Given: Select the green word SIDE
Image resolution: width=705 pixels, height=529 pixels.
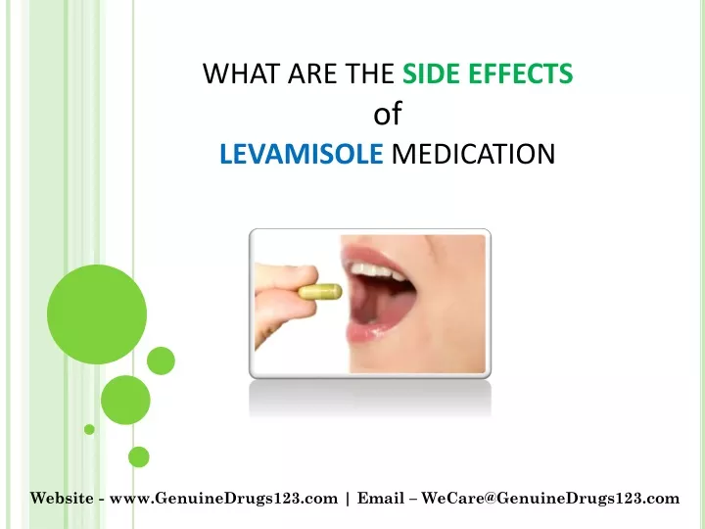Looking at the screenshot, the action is pyautogui.click(x=432, y=73).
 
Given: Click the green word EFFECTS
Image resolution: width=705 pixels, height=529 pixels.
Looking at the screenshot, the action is pyautogui.click(x=521, y=73).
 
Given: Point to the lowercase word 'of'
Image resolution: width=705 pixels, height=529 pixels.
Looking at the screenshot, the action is pyautogui.click(x=387, y=113).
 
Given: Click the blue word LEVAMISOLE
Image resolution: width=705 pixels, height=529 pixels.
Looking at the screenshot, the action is pyautogui.click(x=302, y=154).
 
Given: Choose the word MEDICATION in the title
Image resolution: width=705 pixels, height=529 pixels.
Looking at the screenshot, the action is pyautogui.click(x=474, y=154).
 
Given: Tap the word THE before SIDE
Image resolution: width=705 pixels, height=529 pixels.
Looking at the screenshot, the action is pyautogui.click(x=369, y=73).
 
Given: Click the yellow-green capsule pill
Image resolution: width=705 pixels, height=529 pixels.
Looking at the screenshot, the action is pyautogui.click(x=320, y=292).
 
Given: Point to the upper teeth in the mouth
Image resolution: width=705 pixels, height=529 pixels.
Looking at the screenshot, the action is pyautogui.click(x=377, y=270).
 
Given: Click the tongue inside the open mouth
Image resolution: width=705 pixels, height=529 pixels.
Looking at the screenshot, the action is pyautogui.click(x=370, y=305).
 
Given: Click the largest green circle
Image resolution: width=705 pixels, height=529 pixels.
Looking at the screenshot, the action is pyautogui.click(x=97, y=314).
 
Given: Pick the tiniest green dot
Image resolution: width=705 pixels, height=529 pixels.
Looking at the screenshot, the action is pyautogui.click(x=89, y=430).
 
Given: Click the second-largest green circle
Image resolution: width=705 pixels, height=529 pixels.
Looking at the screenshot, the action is pyautogui.click(x=125, y=400).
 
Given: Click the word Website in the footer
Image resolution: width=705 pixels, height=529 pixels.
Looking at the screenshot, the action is pyautogui.click(x=62, y=499).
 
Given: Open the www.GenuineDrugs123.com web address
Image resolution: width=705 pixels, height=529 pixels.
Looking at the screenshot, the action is pyautogui.click(x=223, y=499).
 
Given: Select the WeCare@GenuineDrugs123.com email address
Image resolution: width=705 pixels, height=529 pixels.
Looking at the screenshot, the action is pyautogui.click(x=550, y=499).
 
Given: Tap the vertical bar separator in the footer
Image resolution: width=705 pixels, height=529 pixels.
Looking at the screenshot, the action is pyautogui.click(x=348, y=499).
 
